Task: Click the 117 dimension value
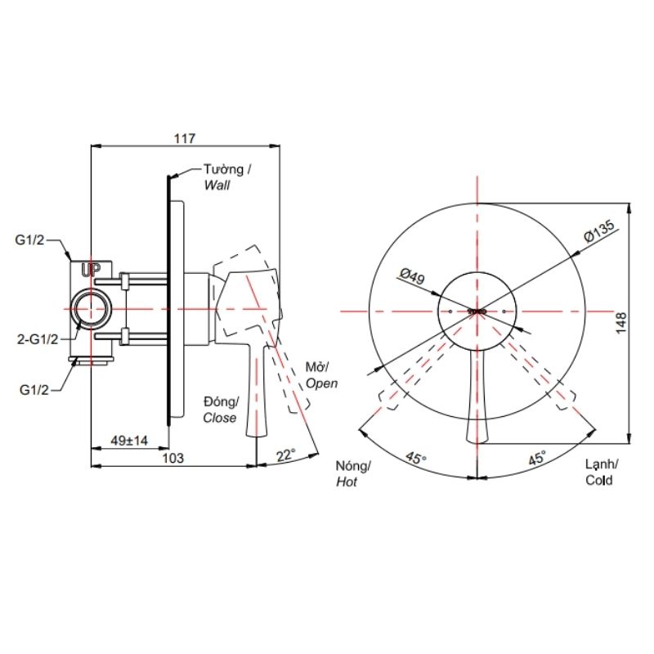185,138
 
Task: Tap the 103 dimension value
172,458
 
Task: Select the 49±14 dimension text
130,440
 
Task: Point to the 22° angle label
286,455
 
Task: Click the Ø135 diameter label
599,231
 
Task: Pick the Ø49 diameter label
413,276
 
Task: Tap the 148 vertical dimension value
621,323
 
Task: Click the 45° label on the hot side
416,458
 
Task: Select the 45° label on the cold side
537,458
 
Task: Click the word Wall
217,186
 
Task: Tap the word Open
321,383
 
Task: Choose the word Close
220,418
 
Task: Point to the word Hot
347,482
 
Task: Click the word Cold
599,480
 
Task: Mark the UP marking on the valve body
91,271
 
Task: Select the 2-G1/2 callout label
38,339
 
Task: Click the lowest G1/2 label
34,390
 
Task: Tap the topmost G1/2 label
29,240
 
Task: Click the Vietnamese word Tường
223,169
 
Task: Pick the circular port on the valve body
92,309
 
